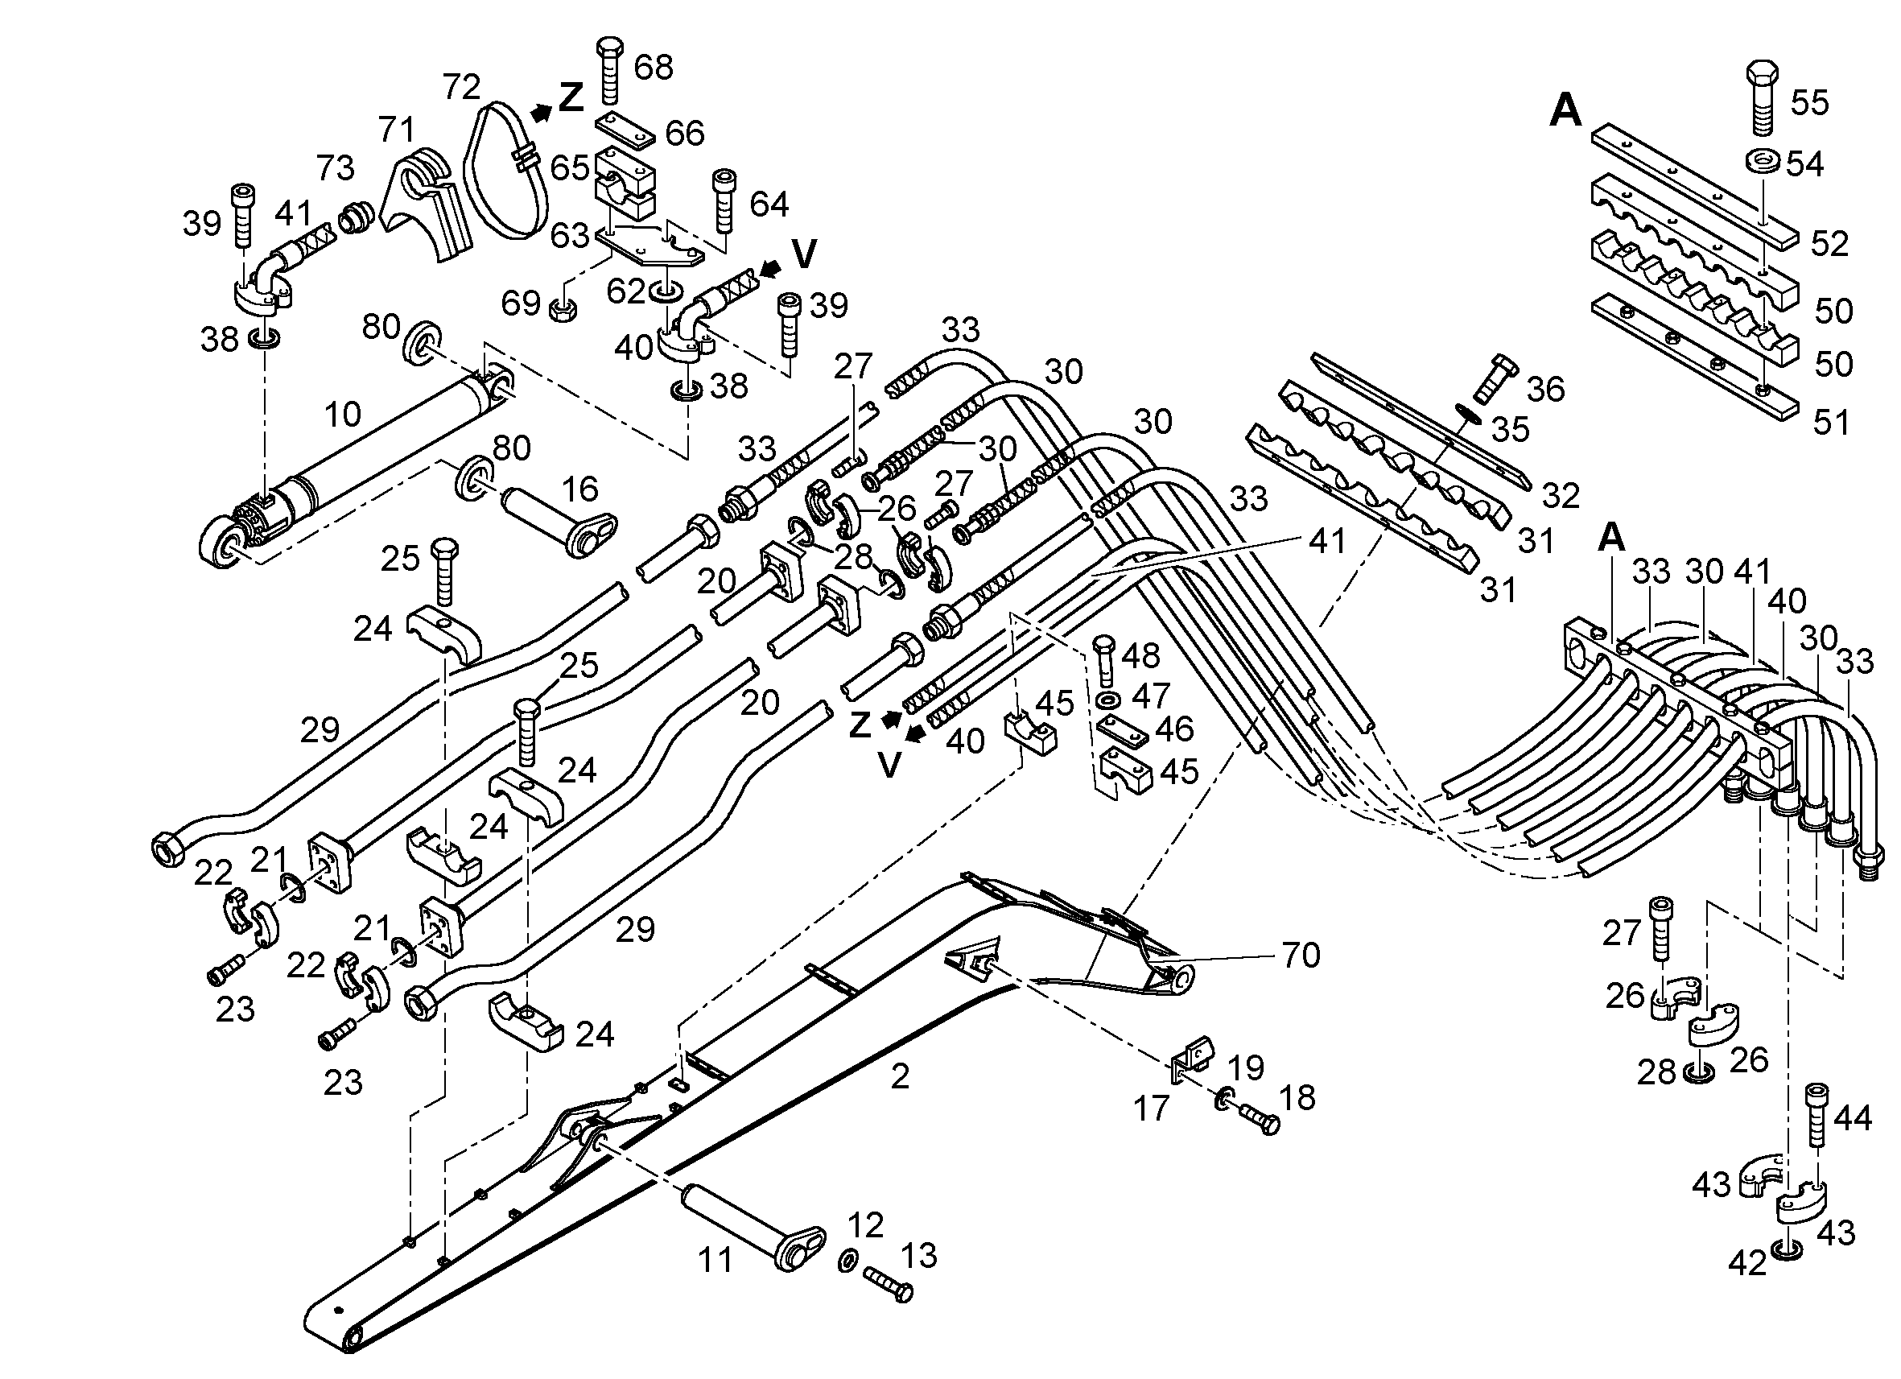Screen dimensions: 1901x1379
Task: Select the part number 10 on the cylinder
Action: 342,414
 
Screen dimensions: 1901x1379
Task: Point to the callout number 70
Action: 1300,955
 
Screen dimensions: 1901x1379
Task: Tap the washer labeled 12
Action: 847,1261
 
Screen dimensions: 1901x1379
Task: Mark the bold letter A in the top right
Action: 1564,109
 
